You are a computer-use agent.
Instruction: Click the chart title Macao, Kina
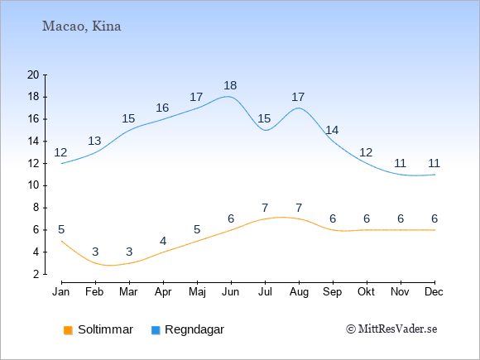(81, 26)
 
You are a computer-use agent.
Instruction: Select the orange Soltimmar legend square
(68, 330)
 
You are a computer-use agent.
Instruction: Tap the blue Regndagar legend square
(156, 330)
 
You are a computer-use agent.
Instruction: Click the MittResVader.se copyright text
(391, 329)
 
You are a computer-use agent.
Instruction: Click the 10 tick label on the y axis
(33, 185)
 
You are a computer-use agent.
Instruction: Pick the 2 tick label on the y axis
(36, 274)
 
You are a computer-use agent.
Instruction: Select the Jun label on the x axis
(231, 292)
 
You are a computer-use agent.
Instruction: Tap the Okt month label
(366, 292)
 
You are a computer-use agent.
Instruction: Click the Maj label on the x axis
(197, 292)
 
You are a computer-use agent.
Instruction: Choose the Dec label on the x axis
(434, 292)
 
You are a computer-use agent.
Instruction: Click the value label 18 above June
(230, 85)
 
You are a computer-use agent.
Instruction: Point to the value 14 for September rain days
(332, 130)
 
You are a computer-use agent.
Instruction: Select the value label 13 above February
(94, 141)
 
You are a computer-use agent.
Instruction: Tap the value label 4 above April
(163, 241)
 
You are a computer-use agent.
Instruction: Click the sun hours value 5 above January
(61, 229)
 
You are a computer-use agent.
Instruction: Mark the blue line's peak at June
(228, 97)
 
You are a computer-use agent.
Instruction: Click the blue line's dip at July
(265, 131)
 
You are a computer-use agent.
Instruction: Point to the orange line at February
(95, 263)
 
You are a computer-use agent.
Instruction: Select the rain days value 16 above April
(162, 108)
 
